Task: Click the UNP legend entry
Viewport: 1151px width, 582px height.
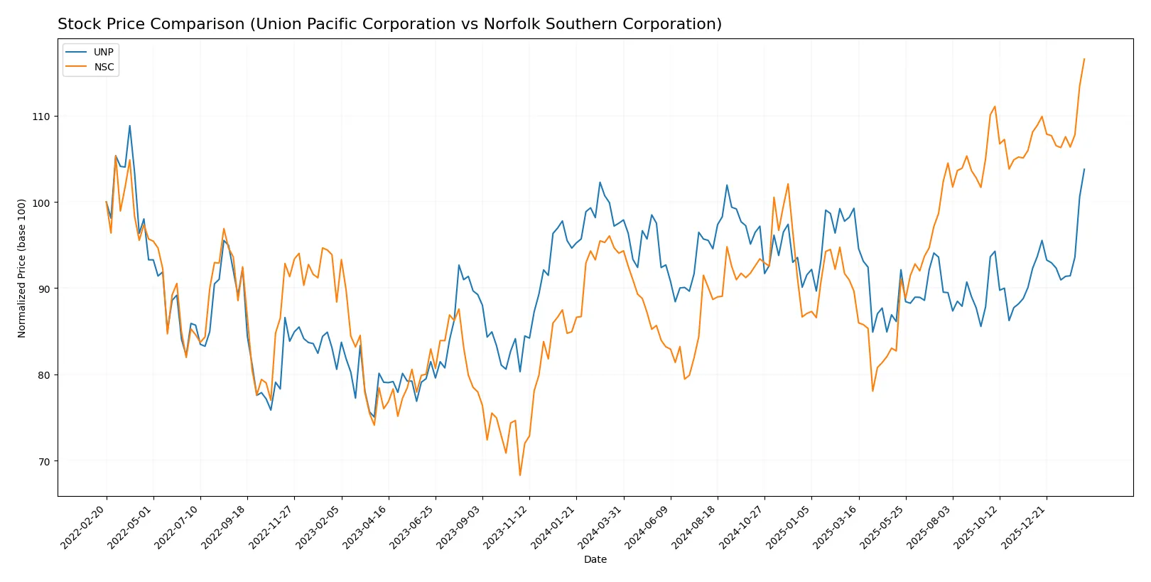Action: click(x=103, y=52)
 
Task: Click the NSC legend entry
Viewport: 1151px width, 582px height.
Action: click(x=104, y=67)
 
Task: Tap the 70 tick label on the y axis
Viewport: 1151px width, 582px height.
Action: click(x=45, y=461)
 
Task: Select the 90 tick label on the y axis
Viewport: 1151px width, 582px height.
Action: click(x=45, y=289)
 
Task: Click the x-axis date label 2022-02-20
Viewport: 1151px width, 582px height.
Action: click(x=83, y=527)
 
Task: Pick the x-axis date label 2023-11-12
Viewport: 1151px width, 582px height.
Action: click(x=507, y=527)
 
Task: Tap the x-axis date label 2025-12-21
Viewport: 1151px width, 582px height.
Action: click(x=1024, y=527)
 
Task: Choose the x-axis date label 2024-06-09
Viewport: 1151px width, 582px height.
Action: click(x=647, y=527)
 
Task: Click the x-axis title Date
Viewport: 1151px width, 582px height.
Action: click(x=595, y=559)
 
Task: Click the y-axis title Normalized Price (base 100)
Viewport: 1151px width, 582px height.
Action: click(x=22, y=268)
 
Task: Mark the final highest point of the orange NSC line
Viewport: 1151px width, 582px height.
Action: click(x=1084, y=59)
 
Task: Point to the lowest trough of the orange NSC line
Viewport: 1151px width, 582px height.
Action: click(x=520, y=475)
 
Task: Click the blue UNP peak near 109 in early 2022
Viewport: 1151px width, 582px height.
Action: click(x=129, y=126)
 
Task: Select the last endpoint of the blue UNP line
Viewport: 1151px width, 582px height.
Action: click(x=1084, y=169)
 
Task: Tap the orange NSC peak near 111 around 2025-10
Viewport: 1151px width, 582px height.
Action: click(x=995, y=107)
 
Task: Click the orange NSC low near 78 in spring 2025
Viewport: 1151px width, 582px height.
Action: click(x=872, y=391)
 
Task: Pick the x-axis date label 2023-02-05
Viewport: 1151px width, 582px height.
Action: click(x=318, y=527)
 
